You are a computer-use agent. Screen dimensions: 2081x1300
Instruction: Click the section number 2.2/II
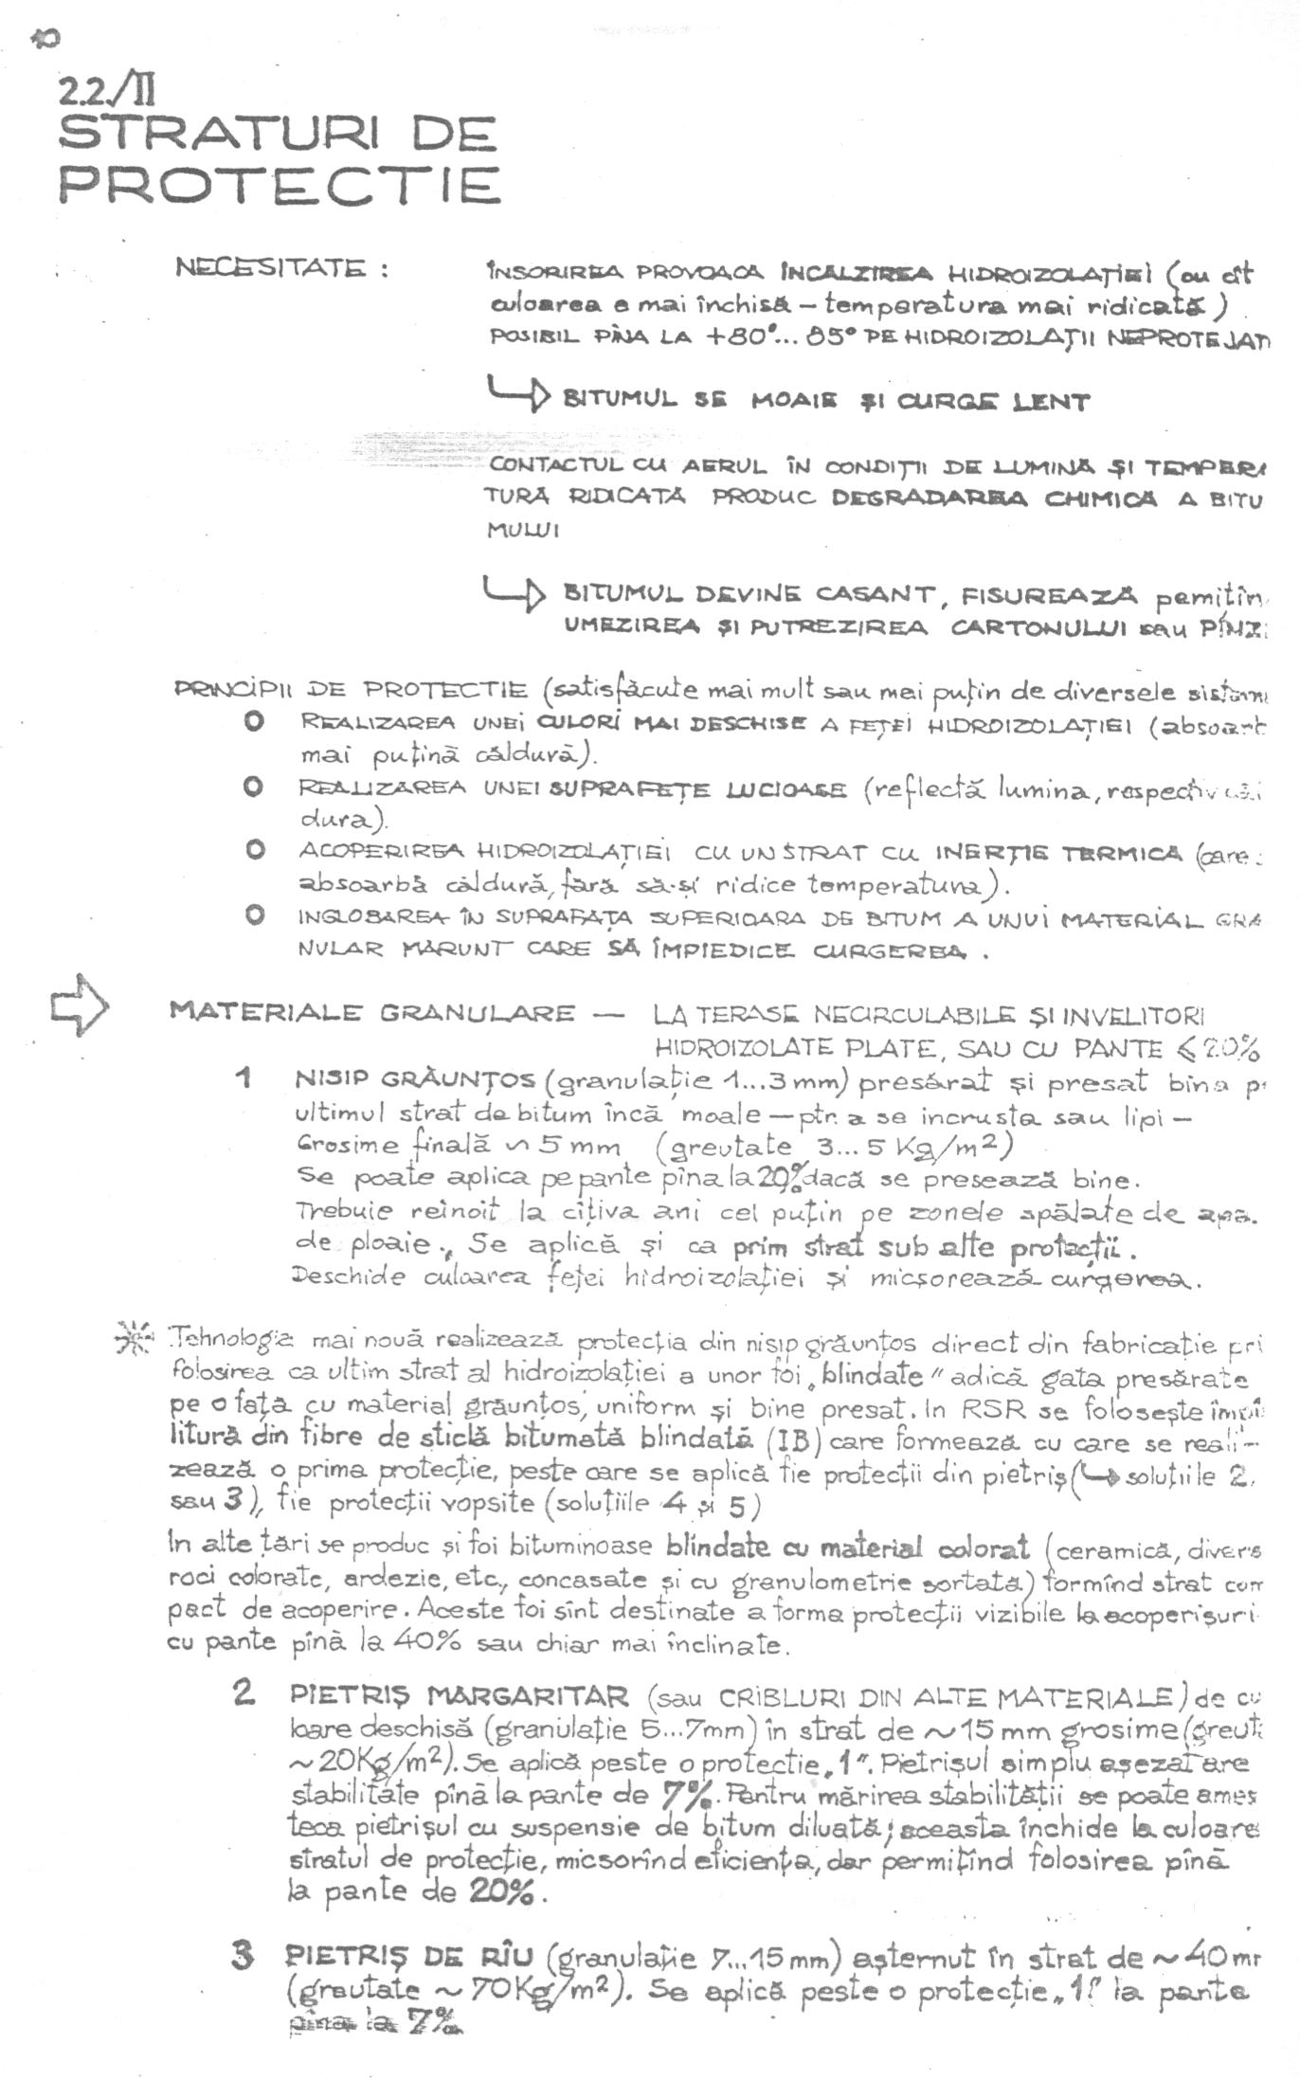coord(107,92)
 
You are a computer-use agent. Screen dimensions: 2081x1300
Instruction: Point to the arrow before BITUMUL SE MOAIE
coord(516,393)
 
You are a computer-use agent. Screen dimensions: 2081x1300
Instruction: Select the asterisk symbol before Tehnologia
coord(133,1341)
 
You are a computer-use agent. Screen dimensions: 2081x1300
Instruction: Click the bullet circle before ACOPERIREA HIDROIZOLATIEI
coord(254,850)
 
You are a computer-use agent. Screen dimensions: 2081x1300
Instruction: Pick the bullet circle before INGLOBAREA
coord(254,915)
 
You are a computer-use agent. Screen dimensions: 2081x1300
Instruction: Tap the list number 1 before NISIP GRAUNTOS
coord(244,1077)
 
